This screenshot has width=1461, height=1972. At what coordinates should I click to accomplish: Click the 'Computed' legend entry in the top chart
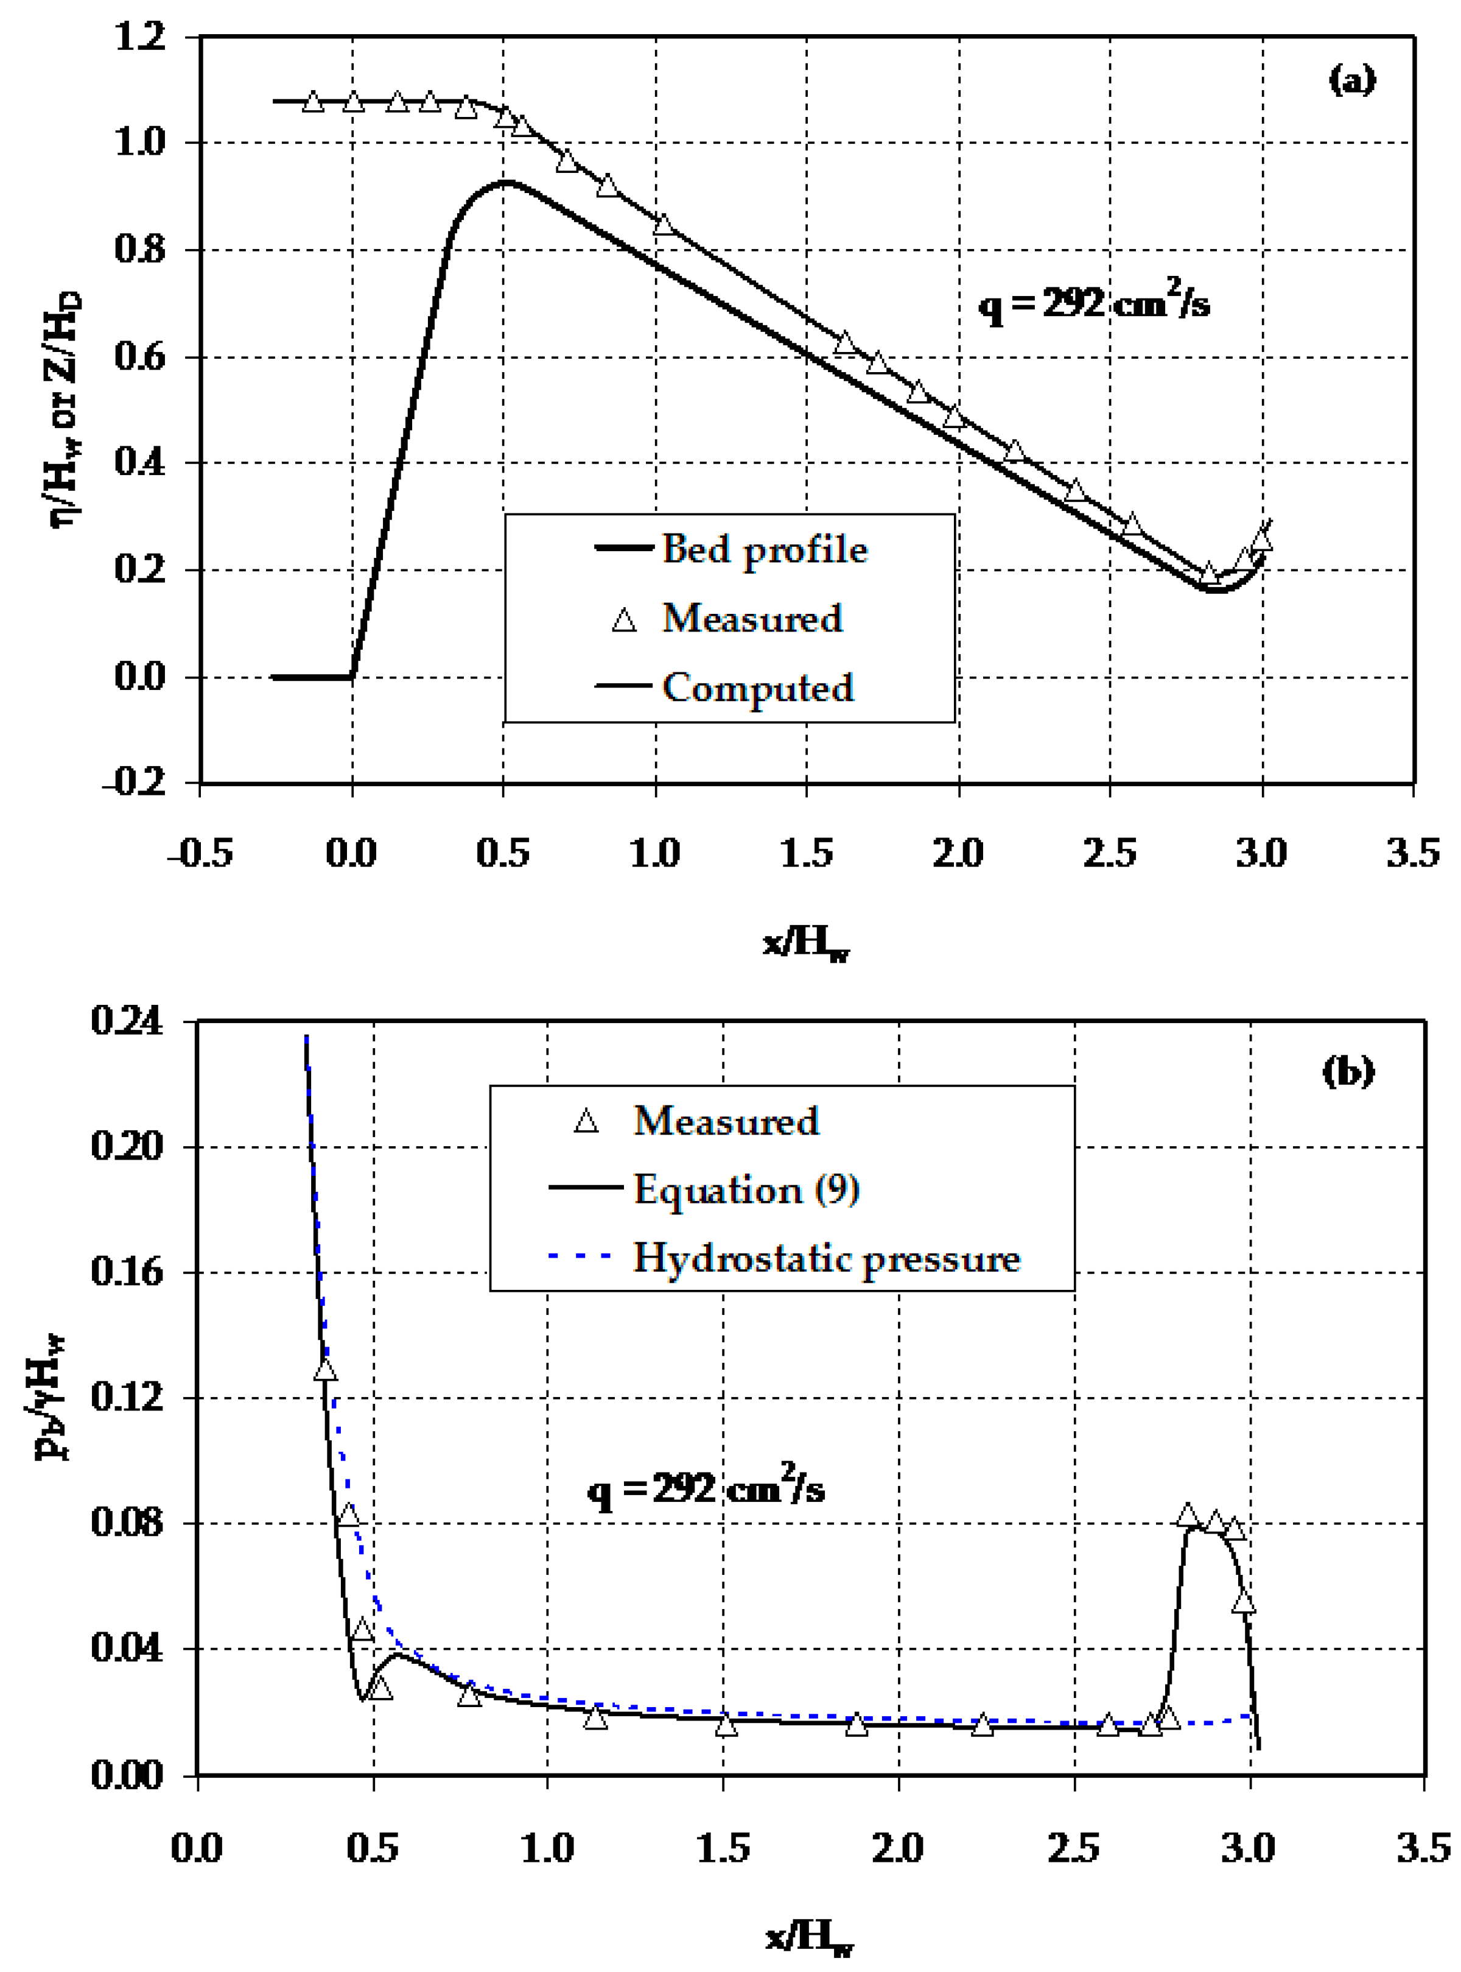click(758, 688)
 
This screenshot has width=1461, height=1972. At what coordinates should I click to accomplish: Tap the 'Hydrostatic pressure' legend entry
click(827, 1258)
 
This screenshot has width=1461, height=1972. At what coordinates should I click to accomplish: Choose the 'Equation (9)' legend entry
click(746, 1189)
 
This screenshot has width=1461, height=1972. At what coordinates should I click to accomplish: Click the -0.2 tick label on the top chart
click(135, 782)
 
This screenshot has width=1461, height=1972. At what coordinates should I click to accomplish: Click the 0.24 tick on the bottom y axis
click(127, 1022)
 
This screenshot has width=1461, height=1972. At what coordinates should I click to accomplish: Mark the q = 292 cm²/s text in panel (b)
click(706, 1489)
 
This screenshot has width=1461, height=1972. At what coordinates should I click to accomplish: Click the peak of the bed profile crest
click(505, 182)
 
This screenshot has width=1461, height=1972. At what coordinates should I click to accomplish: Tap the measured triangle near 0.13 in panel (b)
click(326, 1370)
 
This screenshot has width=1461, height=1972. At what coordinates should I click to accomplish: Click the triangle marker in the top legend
click(625, 619)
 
